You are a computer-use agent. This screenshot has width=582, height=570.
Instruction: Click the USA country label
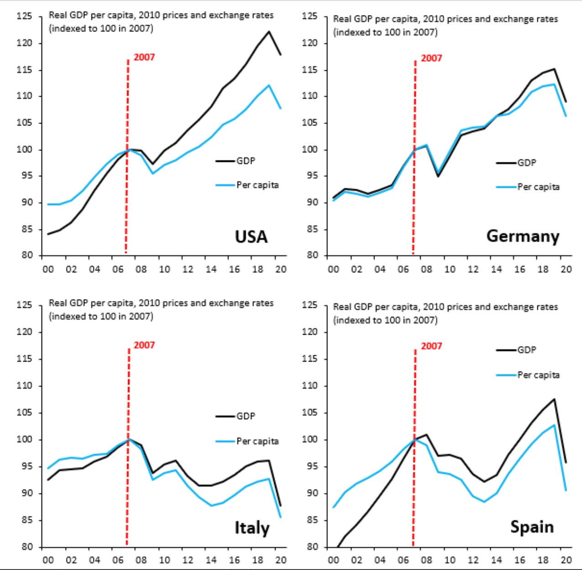251,237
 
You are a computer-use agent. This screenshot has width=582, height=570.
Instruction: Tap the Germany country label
523,236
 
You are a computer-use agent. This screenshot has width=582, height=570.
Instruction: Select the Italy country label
252,528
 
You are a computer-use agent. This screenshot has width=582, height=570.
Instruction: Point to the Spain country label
532,527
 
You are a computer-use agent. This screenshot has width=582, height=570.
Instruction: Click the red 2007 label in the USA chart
144,57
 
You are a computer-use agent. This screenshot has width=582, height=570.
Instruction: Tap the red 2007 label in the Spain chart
431,346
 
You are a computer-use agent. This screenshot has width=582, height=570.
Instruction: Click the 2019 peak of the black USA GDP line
269,31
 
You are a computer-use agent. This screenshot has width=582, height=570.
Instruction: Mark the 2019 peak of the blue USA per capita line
269,85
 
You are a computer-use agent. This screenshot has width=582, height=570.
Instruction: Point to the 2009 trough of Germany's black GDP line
438,176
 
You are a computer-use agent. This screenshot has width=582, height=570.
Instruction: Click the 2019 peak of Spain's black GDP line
554,399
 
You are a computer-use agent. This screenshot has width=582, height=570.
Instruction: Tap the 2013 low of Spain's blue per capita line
484,502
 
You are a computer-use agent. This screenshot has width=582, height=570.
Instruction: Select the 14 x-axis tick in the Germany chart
496,269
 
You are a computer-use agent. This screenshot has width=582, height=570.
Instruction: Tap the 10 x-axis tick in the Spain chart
450,560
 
